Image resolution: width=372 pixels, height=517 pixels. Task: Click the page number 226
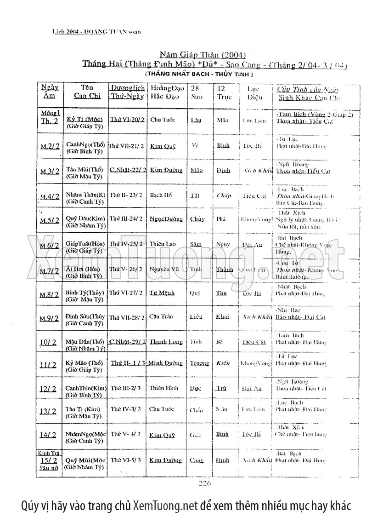[x=204, y=483]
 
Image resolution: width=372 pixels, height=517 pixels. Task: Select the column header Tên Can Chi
[x=87, y=92]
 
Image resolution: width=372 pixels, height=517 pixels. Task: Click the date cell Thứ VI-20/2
[x=127, y=120]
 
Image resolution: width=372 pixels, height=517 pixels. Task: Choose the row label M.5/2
[x=50, y=220]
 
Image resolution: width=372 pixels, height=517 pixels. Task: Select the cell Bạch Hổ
[x=161, y=195]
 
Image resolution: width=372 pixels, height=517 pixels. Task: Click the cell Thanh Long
[x=166, y=342]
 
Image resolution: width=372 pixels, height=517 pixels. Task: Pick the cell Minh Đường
[x=166, y=363]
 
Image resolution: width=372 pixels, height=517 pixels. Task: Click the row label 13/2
[x=48, y=412]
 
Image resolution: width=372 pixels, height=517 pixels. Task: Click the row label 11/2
[x=48, y=365]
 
